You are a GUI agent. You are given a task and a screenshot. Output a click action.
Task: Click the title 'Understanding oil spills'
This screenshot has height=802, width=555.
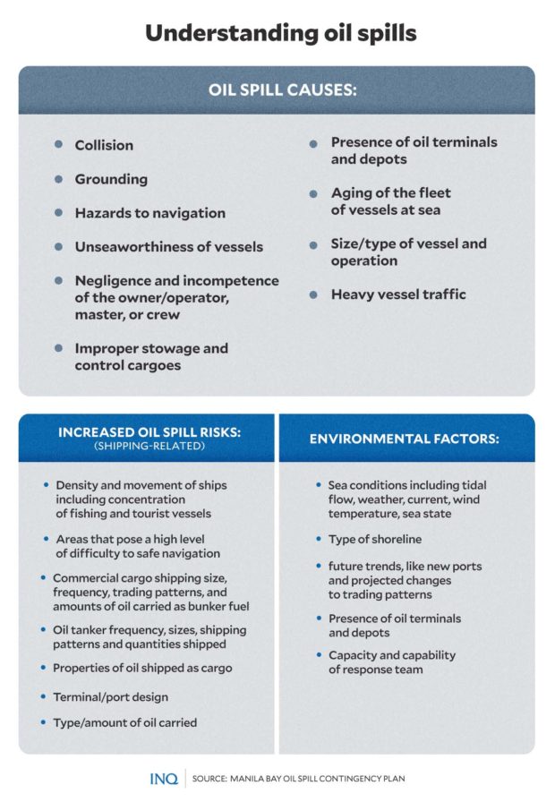tap(277, 32)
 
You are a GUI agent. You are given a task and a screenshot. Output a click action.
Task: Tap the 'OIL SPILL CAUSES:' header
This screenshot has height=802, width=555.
tap(277, 90)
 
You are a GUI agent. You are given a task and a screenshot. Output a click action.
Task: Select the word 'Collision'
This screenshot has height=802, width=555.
tap(104, 145)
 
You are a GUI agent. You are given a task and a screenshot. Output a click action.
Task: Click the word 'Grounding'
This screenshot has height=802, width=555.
tap(111, 179)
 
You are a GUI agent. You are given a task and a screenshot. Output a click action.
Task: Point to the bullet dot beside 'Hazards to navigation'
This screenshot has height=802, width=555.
tap(59, 213)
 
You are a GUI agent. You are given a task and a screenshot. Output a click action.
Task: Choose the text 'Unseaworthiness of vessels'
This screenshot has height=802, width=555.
tap(168, 247)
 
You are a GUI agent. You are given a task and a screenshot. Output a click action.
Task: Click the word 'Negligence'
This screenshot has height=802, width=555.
tap(116, 281)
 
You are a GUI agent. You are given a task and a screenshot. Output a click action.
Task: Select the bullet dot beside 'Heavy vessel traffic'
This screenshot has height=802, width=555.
tap(314, 294)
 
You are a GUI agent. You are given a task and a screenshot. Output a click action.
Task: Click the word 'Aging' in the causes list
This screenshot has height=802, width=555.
tap(353, 193)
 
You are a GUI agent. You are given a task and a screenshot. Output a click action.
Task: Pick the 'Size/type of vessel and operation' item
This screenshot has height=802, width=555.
tap(408, 252)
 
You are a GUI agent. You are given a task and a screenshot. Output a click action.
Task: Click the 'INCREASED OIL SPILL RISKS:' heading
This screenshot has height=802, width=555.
tap(149, 432)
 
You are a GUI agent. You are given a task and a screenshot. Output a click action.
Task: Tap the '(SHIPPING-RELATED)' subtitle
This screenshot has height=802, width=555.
tap(149, 446)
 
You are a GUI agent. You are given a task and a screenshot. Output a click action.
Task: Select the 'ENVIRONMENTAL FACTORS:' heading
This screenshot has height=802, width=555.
tap(405, 439)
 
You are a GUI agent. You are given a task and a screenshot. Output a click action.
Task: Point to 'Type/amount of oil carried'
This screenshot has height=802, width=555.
tap(125, 722)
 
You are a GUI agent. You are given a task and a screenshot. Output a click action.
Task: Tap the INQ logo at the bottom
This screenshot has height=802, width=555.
tap(164, 778)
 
